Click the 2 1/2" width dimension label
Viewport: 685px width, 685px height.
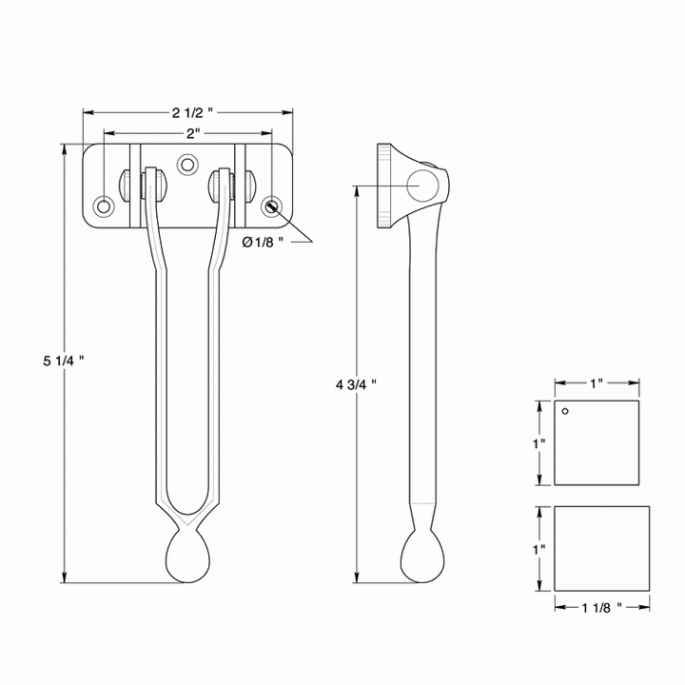click(x=188, y=112)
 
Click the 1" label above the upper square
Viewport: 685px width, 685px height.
click(x=597, y=382)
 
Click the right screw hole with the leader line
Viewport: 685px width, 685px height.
click(x=273, y=205)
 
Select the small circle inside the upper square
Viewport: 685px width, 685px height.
click(x=565, y=412)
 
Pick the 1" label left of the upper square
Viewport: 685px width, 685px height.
click(x=538, y=443)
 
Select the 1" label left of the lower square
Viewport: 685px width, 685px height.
click(x=538, y=549)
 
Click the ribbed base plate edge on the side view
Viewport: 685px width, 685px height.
click(x=383, y=188)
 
